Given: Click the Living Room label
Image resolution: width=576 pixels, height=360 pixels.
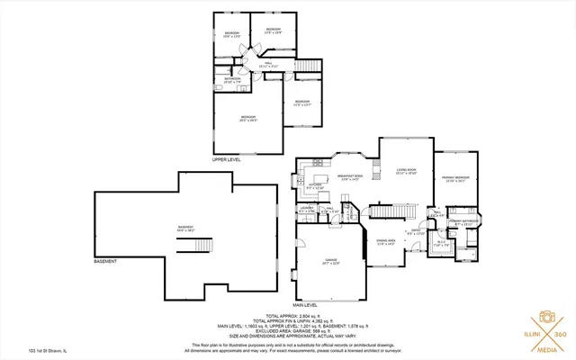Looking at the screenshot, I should coord(407,170).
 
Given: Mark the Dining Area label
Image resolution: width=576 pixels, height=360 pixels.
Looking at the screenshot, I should coord(386,242).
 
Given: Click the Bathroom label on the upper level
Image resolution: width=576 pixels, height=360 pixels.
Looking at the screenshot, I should coord(232,80).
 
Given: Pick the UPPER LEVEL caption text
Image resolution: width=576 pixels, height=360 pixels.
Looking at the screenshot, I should coord(228,159).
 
